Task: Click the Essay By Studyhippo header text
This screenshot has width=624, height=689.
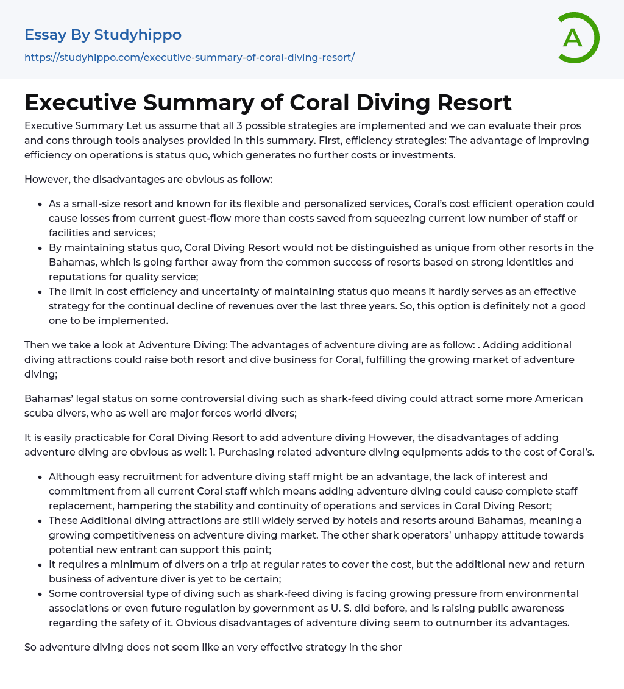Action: click(x=103, y=35)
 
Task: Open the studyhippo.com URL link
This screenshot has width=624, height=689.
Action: click(x=190, y=57)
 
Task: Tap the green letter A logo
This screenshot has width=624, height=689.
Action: click(x=574, y=38)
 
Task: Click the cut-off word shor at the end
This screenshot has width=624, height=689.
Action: click(x=391, y=647)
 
